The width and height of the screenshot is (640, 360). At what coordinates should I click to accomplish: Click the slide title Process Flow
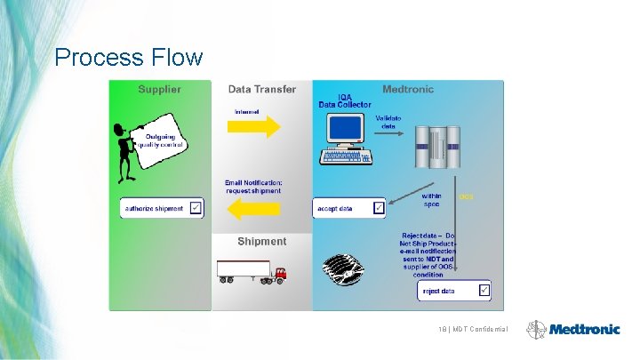click(x=128, y=58)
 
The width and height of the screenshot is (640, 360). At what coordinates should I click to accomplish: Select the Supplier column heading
click(x=159, y=89)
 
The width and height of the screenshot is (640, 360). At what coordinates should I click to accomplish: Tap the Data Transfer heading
click(x=261, y=89)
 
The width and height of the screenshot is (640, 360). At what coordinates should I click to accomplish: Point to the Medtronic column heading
click(x=408, y=89)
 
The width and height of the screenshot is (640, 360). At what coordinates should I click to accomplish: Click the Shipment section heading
click(x=261, y=241)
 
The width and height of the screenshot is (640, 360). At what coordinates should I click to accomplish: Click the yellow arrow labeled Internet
click(x=255, y=126)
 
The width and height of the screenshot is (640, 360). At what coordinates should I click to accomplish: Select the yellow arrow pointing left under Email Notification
click(x=253, y=210)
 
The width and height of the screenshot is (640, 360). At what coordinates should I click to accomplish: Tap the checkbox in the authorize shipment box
click(x=196, y=209)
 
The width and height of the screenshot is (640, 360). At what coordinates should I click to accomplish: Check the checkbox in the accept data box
click(x=378, y=208)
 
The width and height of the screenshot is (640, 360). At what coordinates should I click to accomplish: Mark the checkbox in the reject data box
click(x=483, y=290)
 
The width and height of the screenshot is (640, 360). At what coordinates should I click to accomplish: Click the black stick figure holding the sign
click(x=125, y=151)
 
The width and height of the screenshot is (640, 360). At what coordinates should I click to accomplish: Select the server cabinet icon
click(x=440, y=151)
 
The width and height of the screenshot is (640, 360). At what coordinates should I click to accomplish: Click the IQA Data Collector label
click(x=345, y=100)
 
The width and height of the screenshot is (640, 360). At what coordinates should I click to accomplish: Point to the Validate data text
click(x=388, y=122)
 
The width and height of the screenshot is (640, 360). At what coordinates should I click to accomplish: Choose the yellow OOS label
click(x=466, y=196)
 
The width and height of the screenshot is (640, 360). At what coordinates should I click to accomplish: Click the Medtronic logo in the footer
click(x=573, y=329)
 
